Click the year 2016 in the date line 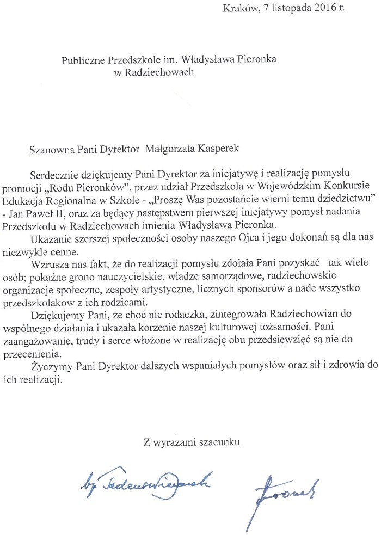click(325, 8)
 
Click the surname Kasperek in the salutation click(225, 147)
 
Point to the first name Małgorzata click(173, 147)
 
